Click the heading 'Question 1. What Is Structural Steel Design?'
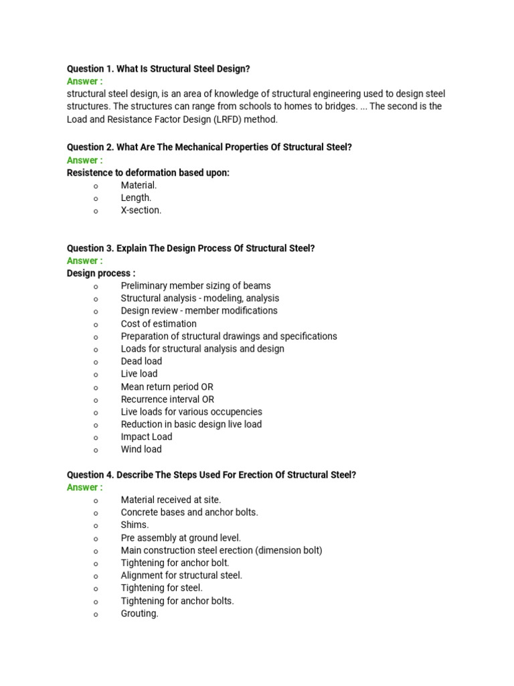[159, 69]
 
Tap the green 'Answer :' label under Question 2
[84, 160]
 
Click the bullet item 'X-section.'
[141, 210]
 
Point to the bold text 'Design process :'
[101, 273]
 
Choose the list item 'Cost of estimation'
[159, 324]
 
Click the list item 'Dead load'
[141, 361]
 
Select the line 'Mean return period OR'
[167, 387]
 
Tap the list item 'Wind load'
[141, 450]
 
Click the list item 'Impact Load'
[146, 437]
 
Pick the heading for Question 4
[211, 475]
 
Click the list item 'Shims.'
[135, 525]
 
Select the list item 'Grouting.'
[139, 614]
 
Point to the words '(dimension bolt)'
[289, 551]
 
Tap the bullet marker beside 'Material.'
[96, 186]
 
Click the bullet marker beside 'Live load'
[96, 374]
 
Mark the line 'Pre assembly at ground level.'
[181, 538]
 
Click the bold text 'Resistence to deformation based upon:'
[148, 173]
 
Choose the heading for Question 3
[191, 249]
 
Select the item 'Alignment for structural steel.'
[181, 575]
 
